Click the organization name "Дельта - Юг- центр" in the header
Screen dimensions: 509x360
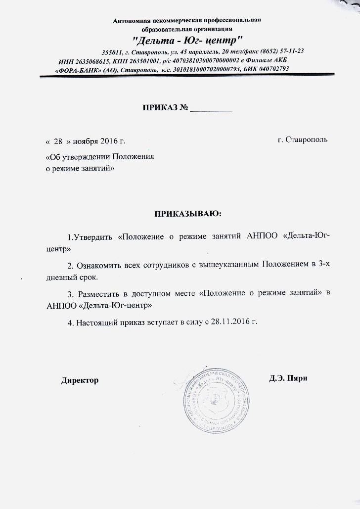pos(187,40)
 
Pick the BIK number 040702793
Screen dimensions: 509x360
pos(271,69)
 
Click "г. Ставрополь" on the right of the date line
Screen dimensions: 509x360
pos(303,140)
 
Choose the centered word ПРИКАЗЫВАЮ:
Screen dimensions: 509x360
pos(188,214)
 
